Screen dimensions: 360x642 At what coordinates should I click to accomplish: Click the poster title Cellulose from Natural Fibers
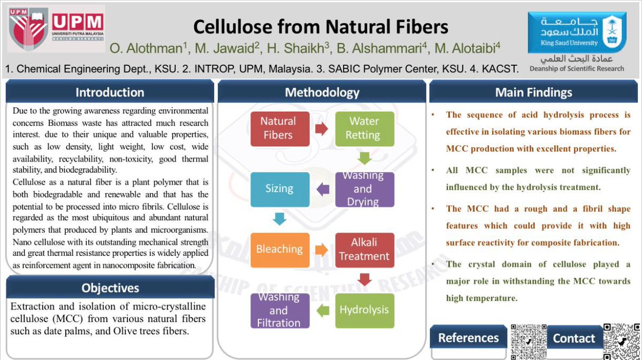click(320, 26)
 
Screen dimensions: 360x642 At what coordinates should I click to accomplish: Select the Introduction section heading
click(110, 92)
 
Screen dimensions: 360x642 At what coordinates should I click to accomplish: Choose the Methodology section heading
click(322, 92)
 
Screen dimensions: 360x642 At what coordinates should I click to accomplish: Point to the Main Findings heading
click(533, 92)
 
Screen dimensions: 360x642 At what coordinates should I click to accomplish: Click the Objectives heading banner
click(110, 288)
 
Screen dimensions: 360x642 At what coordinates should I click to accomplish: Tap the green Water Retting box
click(364, 128)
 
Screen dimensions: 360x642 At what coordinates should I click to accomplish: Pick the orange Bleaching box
click(279, 249)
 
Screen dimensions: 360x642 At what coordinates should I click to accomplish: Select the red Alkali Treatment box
click(364, 249)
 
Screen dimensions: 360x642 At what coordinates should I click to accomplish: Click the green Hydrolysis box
click(364, 310)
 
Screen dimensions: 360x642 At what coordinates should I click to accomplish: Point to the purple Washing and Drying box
click(364, 189)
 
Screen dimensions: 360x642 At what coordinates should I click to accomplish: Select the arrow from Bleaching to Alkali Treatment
click(321, 250)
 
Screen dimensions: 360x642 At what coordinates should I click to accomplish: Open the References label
click(468, 338)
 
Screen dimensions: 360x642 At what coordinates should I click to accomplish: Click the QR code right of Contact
click(621, 341)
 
